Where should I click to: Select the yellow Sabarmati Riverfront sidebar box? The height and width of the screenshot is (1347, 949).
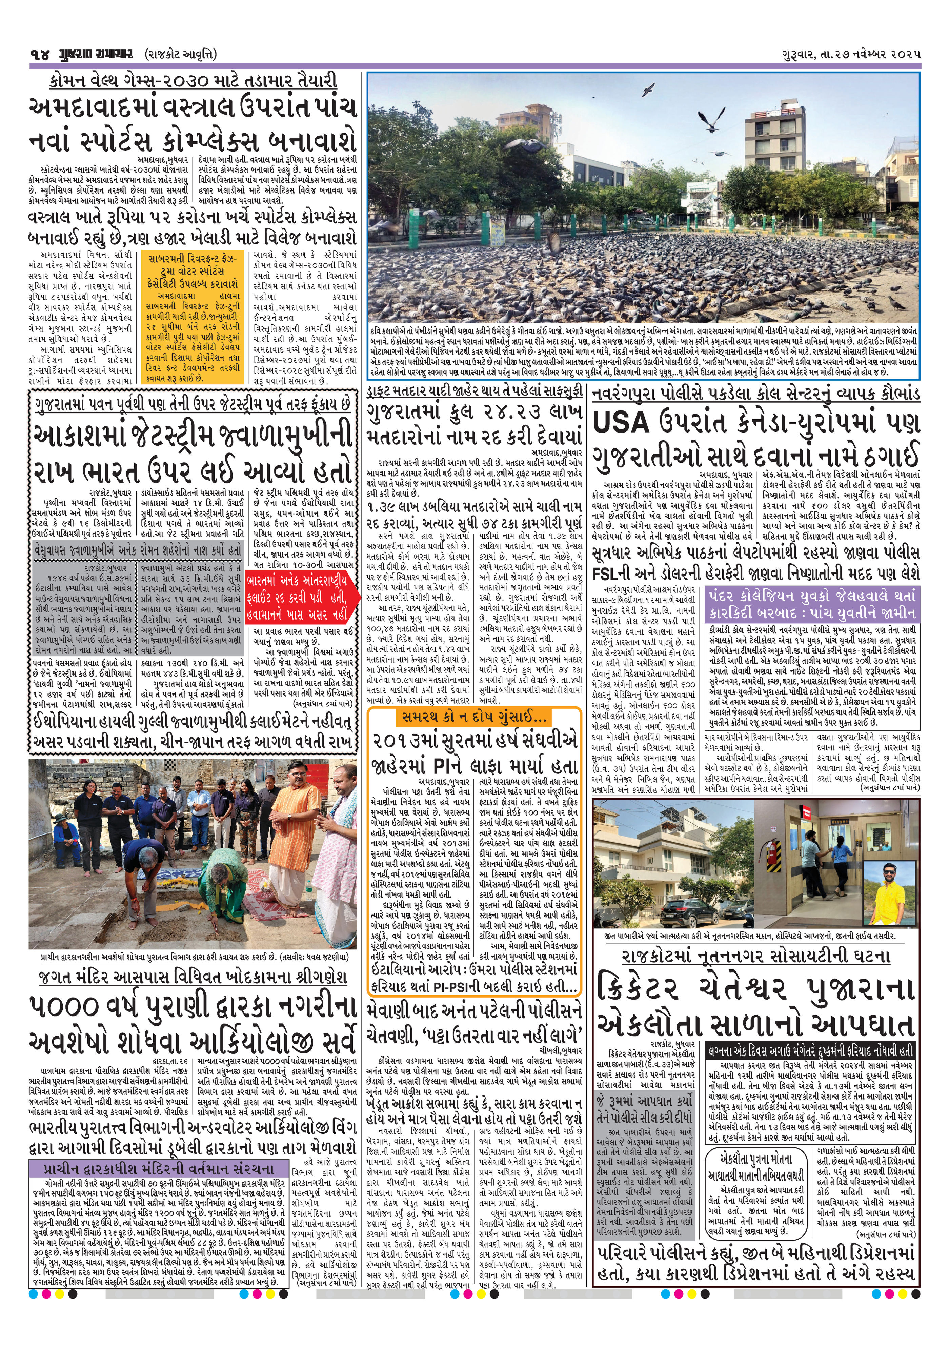coord(194,317)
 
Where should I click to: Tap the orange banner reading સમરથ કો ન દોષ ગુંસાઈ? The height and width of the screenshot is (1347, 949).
coord(473,717)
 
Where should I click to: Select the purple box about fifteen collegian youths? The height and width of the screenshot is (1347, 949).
coord(812,604)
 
